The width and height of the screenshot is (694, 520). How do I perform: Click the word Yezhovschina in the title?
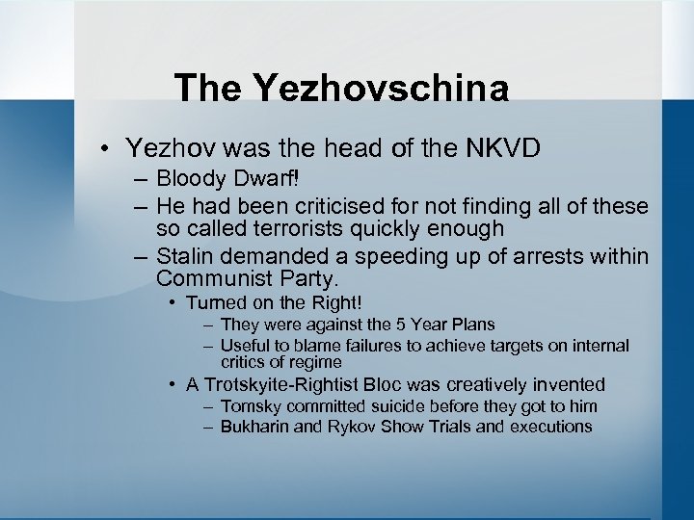(381, 89)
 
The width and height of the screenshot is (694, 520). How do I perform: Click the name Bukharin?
(254, 426)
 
